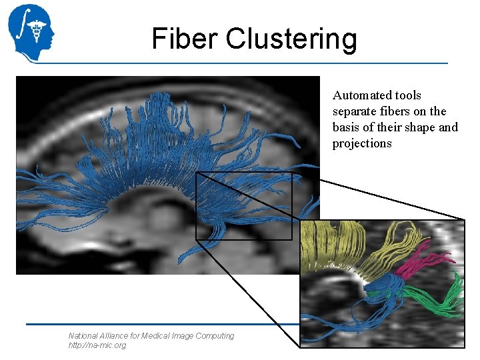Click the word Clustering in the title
pyautogui.click(x=291, y=40)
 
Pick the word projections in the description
pyautogui.click(x=362, y=143)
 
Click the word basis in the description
pyautogui.click(x=347, y=127)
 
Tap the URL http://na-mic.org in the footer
pyautogui.click(x=97, y=345)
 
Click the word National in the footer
pyautogui.click(x=83, y=336)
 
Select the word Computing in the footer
pyautogui.click(x=215, y=336)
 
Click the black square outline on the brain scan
pyautogui.click(x=196, y=207)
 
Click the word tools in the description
pyautogui.click(x=407, y=95)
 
